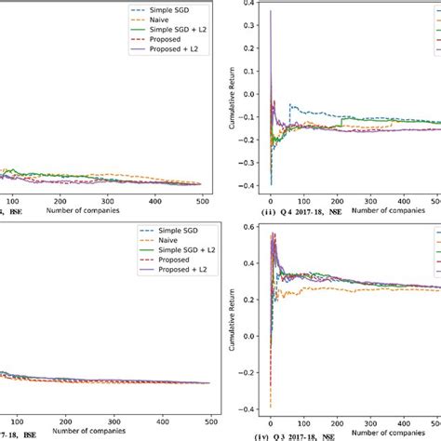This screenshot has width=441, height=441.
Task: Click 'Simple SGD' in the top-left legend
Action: pyautogui.click(x=173, y=8)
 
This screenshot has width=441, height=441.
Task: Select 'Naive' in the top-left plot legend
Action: pyautogui.click(x=163, y=20)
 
